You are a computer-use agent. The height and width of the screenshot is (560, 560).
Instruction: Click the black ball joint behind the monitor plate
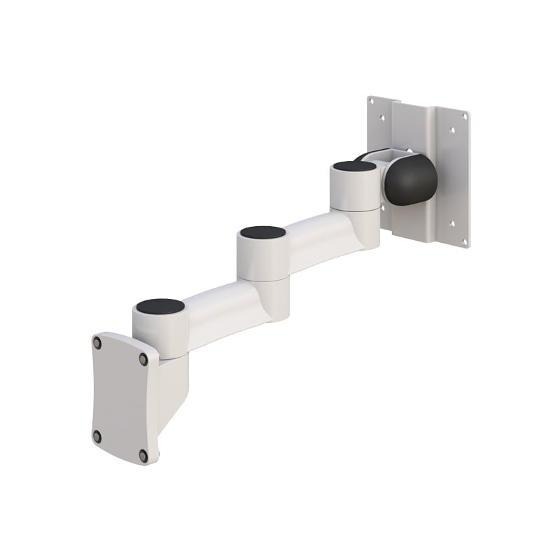[412, 179]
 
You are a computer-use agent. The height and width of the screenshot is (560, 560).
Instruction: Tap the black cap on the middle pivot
[262, 232]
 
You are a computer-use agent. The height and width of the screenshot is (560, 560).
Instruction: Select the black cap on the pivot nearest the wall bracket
[160, 307]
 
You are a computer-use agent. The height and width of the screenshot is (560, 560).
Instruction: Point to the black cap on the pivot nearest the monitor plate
[354, 167]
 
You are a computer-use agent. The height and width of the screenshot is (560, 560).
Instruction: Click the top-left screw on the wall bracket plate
[97, 343]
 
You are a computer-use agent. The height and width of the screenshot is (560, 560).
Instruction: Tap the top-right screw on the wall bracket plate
[143, 359]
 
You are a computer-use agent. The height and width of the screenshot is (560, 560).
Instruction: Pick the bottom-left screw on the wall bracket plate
[97, 436]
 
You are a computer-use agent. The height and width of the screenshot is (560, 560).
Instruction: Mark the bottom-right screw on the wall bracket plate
[143, 455]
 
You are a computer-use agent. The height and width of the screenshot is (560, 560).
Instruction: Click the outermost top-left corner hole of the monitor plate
[372, 102]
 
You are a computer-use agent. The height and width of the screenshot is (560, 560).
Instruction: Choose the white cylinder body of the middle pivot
[262, 259]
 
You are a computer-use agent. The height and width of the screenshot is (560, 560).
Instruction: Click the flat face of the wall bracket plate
[120, 399]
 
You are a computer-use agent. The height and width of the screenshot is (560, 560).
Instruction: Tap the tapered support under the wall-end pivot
[171, 388]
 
